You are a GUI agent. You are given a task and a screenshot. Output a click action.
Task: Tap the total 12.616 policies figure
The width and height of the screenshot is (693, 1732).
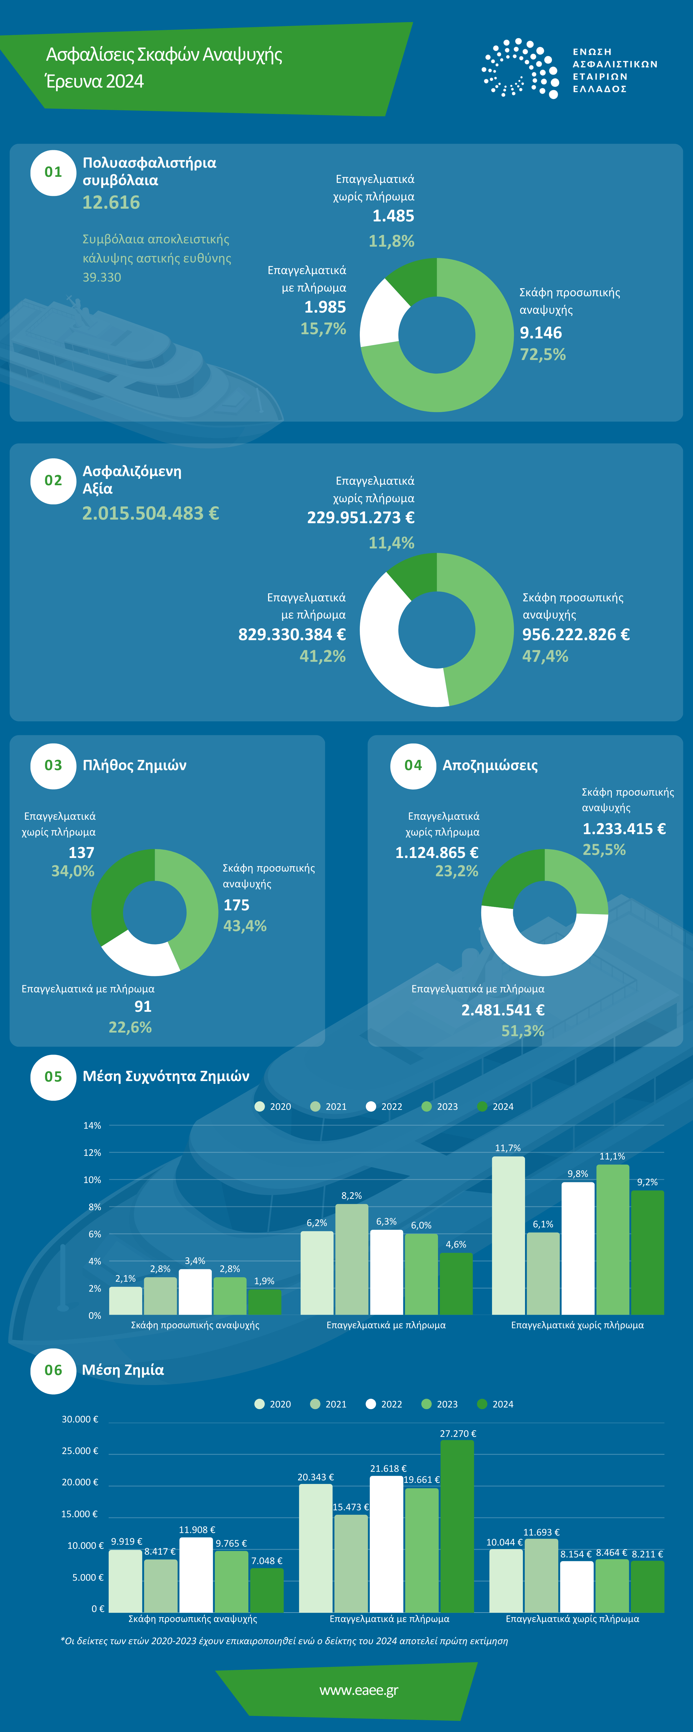[x=111, y=202]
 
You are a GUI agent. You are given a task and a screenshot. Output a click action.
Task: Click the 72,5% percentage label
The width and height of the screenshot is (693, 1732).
[x=542, y=355]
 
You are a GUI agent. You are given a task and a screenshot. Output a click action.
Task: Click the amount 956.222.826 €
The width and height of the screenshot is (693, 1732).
[x=576, y=635]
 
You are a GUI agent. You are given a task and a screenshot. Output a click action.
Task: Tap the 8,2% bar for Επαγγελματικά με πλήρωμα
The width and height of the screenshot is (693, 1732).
[x=352, y=1259]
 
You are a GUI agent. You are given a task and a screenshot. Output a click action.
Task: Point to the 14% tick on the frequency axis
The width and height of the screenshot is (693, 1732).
[x=92, y=1126]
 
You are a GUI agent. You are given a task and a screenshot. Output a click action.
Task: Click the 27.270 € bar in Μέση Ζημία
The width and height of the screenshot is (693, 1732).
[x=457, y=1526]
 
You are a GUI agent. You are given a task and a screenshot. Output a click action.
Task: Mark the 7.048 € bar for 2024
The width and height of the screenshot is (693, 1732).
[x=266, y=1591]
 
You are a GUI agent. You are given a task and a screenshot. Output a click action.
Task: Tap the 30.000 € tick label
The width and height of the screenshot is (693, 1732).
[x=80, y=1419]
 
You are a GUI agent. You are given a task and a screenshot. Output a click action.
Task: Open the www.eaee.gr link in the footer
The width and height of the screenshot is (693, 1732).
[x=359, y=1690]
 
